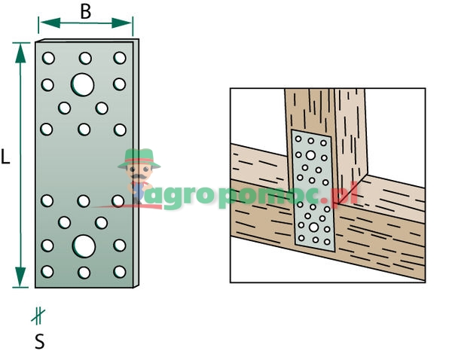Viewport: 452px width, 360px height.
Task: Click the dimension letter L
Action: (6, 157)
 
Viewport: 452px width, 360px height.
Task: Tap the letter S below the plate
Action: (39, 341)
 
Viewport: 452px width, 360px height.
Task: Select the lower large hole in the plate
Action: (84, 246)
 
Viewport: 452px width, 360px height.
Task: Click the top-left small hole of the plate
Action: (48, 57)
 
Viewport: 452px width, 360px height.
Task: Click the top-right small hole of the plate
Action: (119, 57)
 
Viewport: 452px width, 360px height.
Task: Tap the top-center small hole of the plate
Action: (84, 57)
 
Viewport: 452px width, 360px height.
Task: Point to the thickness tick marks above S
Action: (37, 316)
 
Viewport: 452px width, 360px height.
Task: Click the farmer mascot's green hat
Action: (140, 157)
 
